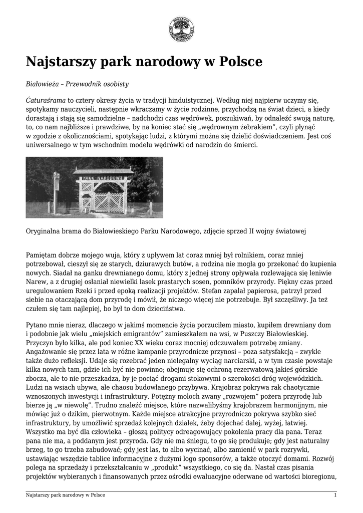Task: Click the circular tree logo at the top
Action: point(181,29)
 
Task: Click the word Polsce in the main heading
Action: point(237,62)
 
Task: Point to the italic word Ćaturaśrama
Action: point(46,100)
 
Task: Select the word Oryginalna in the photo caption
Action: point(45,231)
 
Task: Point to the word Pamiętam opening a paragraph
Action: point(44,255)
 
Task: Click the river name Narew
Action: point(35,282)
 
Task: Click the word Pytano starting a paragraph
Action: point(37,325)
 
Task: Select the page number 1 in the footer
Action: point(335,495)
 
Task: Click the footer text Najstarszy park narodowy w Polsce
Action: point(66,495)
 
